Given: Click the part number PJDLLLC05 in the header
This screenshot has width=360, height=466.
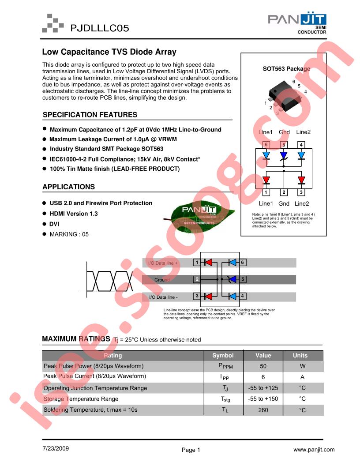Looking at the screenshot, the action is point(100,28).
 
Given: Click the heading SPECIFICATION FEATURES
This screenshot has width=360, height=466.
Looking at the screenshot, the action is point(90,115).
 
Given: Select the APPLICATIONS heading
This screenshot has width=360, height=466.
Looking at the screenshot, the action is point(69,187).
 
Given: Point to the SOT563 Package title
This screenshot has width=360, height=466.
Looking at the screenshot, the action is point(286,69).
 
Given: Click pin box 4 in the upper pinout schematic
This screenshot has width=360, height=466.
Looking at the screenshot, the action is point(301,145).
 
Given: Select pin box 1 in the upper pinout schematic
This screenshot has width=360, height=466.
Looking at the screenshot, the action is point(266,192).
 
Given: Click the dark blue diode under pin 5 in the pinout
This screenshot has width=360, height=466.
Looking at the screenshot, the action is point(284,155).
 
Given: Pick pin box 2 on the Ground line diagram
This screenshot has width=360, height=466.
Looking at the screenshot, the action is point(197,279).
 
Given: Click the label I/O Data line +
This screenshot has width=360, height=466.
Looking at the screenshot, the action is point(163,263).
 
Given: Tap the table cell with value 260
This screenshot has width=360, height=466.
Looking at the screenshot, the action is point(263,410).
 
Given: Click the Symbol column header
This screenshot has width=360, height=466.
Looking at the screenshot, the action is point(223,355).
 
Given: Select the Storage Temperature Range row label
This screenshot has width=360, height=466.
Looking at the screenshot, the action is point(81,399).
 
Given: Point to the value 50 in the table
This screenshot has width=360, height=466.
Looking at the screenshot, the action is point(263,366).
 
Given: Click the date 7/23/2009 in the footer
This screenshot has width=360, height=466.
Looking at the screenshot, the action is point(56,448).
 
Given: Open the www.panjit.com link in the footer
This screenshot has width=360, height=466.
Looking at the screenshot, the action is point(314,450).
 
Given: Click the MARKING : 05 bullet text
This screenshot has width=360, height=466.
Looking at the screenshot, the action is point(69,234).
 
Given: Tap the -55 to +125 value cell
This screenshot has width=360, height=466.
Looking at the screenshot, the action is point(263,388).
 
